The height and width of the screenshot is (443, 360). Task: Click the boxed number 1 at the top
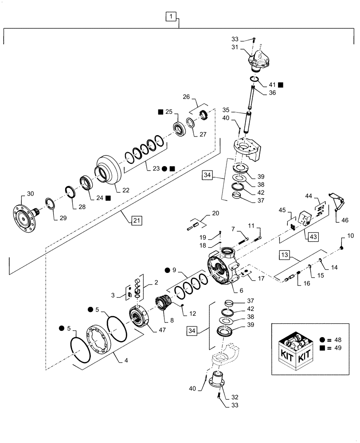click(172, 17)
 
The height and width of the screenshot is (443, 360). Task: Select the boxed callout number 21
click(137, 219)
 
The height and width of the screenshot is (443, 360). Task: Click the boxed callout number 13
click(284, 255)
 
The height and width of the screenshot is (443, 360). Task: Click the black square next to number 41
click(281, 84)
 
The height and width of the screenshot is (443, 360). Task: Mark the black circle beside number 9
click(168, 270)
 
